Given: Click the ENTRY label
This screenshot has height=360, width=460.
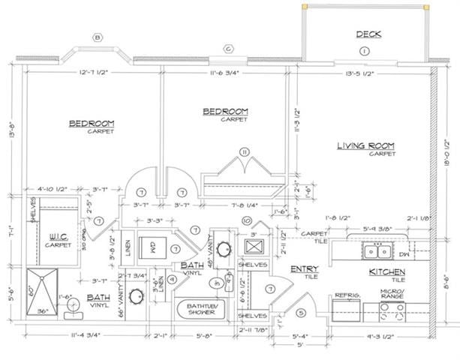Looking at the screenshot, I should click(304, 268).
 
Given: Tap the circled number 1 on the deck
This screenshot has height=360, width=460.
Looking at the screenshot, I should click(364, 51).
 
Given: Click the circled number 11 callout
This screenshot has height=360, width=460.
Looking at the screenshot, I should click(243, 151).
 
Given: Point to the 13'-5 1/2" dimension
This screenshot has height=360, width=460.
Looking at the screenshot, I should click(364, 73).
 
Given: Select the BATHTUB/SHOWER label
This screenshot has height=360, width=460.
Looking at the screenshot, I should click(197, 310).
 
